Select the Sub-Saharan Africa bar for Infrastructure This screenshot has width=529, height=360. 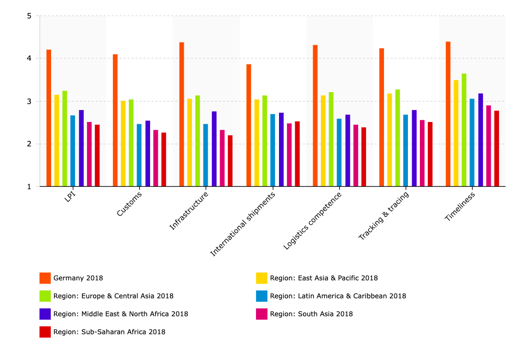click(x=230, y=161)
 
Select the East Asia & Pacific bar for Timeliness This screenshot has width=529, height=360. click(x=456, y=133)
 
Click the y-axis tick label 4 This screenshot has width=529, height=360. click(x=29, y=58)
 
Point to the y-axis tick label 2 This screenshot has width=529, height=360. click(x=29, y=144)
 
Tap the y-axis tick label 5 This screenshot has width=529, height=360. click(x=29, y=16)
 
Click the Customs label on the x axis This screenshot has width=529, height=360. click(x=129, y=203)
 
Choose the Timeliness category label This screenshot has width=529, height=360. click(x=459, y=207)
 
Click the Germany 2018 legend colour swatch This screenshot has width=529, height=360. click(x=45, y=278)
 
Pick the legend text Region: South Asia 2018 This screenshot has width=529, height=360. click(x=311, y=314)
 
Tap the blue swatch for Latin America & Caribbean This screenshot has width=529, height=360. click(x=262, y=296)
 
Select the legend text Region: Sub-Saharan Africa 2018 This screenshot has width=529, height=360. click(x=109, y=331)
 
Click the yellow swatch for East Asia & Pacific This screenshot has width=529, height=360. click(x=262, y=278)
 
